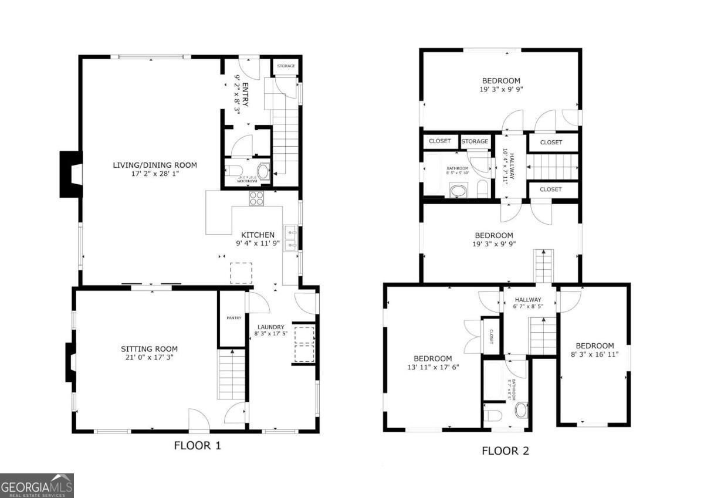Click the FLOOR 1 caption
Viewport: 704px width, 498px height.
click(197, 445)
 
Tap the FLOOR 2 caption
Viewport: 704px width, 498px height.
click(505, 450)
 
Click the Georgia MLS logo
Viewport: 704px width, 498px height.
click(37, 486)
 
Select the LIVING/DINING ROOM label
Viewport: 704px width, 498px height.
click(155, 165)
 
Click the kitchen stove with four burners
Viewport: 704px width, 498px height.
click(257, 198)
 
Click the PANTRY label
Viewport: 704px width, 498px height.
click(233, 318)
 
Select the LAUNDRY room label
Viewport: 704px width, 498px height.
click(270, 327)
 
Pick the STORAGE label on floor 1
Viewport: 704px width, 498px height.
click(286, 66)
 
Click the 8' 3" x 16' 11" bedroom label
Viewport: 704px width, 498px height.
click(594, 350)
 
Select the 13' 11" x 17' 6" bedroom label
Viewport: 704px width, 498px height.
click(432, 363)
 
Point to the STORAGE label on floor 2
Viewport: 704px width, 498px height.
click(475, 141)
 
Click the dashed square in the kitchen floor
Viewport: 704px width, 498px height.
click(241, 273)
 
